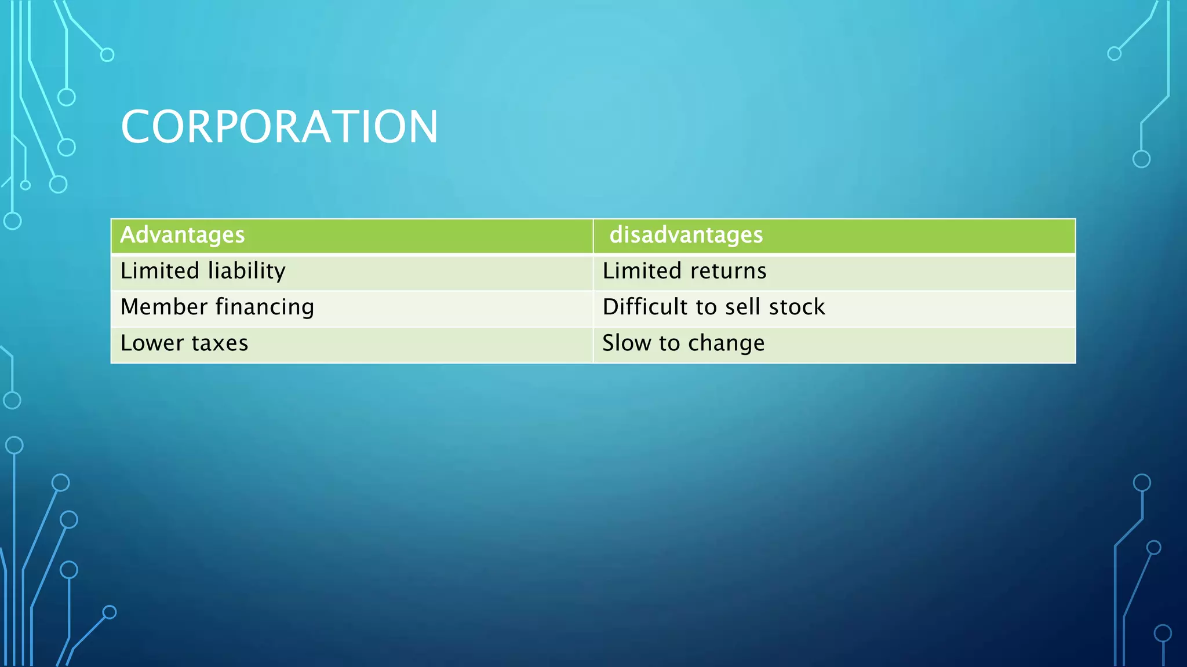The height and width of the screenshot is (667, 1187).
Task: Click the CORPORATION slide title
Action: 279,127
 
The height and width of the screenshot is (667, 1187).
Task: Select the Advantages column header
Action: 182,235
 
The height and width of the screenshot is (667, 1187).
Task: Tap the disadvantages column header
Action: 686,235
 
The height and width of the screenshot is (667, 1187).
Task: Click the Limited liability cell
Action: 203,272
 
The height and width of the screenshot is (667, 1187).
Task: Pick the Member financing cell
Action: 217,307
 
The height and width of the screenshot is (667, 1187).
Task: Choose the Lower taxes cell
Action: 184,343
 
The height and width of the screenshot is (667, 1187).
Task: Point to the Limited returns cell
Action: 684,272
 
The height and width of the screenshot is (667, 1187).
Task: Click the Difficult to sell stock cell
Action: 713,307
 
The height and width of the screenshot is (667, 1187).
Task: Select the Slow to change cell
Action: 683,343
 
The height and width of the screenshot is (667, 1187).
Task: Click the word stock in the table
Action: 797,307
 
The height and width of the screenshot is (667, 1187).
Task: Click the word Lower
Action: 152,343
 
